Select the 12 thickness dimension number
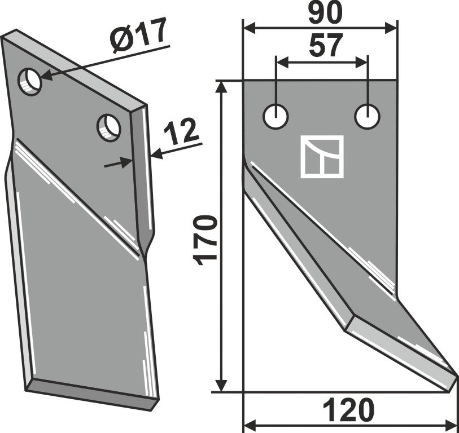181,132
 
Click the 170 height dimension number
206,240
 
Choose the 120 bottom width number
349,410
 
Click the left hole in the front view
276,116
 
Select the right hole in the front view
368,116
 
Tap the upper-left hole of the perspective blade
30,81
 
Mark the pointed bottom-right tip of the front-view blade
455,374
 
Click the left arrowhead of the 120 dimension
249,423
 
